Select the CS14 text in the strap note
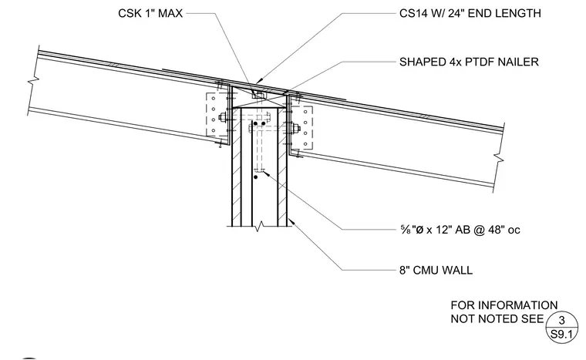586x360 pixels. [412, 13]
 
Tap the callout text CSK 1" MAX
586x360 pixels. [150, 13]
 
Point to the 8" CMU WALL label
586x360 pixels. [436, 270]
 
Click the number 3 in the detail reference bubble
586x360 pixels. [561, 321]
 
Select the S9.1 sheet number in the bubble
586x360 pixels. [561, 335]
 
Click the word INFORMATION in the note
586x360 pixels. [517, 305]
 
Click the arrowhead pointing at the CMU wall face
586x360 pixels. [291, 221]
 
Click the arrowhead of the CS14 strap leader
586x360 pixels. [259, 81]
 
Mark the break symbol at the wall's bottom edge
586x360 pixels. [259, 225]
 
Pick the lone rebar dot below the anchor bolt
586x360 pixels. [256, 177]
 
